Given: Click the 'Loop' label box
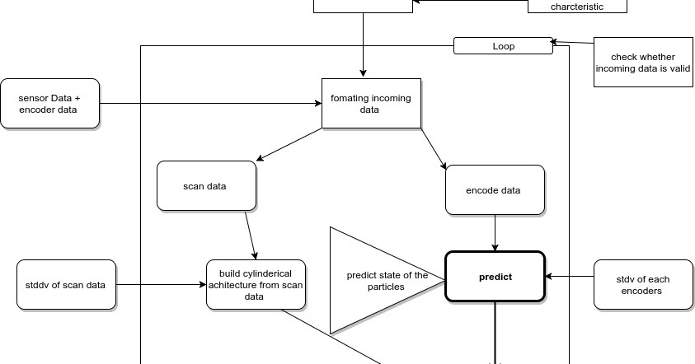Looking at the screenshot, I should click(503, 46).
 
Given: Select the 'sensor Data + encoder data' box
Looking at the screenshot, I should click(50, 103).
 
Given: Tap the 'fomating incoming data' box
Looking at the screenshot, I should click(370, 103).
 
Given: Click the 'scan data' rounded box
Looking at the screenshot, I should click(204, 185).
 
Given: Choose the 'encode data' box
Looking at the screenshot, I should click(494, 190).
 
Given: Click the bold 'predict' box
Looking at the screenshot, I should click(495, 277).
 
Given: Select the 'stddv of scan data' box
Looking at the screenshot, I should click(66, 285).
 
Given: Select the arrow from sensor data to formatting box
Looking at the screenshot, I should click(210, 103).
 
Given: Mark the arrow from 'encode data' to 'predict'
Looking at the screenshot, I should click(495, 233).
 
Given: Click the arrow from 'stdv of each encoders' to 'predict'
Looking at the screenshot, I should click(569, 277).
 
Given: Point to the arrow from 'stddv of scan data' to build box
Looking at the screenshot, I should click(161, 285).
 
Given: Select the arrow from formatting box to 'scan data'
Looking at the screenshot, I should click(290, 144).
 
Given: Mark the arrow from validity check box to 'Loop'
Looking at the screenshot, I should click(573, 42).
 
